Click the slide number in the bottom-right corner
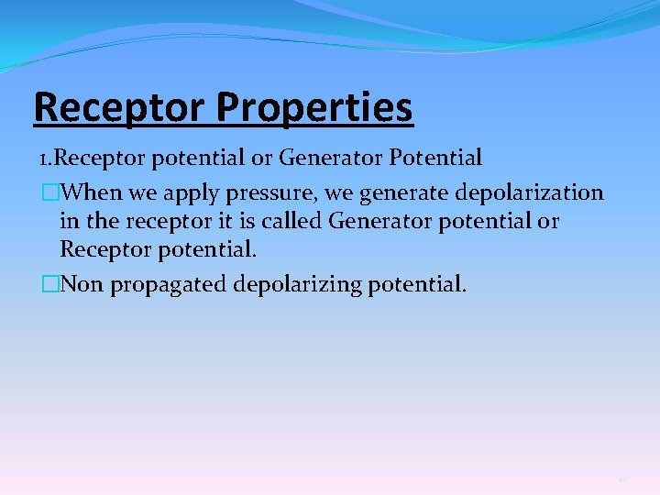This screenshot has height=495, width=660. click(621, 479)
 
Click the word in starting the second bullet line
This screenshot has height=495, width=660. click(68, 221)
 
